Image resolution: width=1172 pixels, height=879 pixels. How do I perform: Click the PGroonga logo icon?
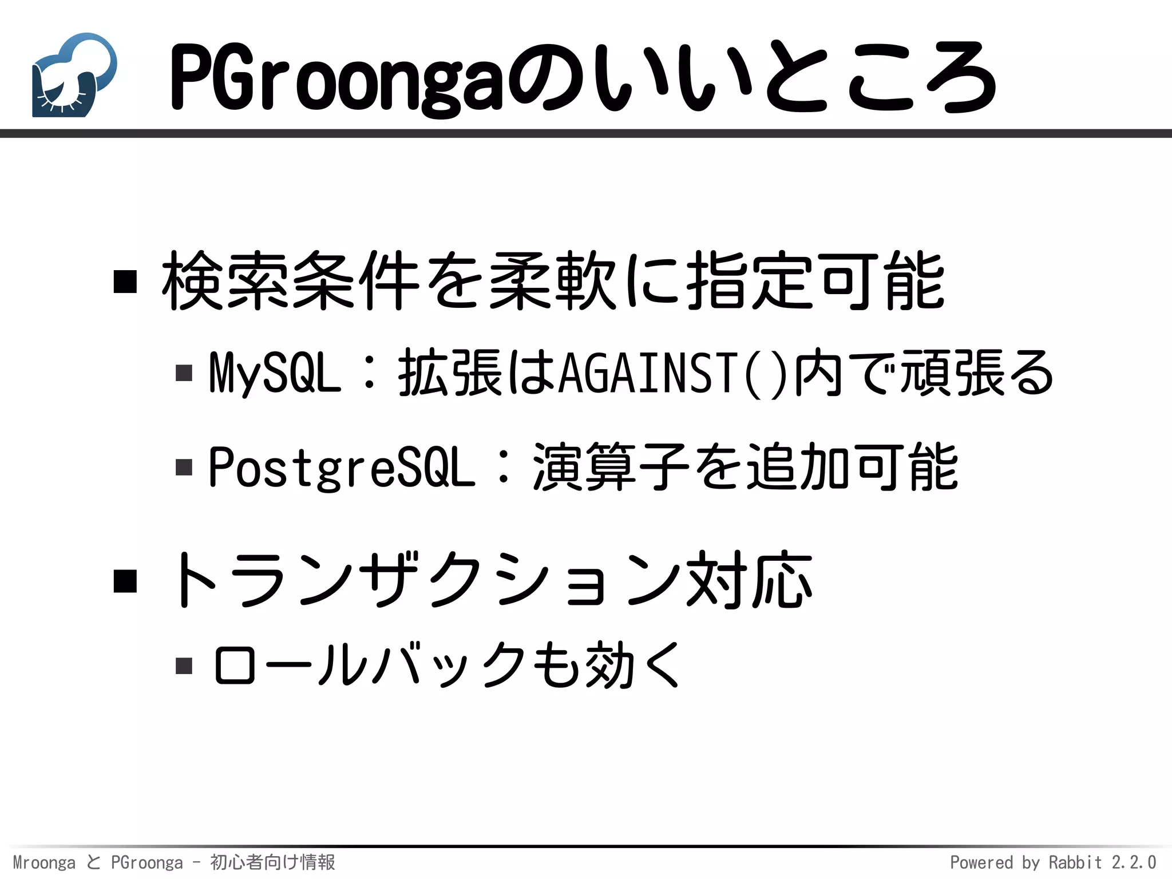(74, 75)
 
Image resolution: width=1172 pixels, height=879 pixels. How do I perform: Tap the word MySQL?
(275, 373)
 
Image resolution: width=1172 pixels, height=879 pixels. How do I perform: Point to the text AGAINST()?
(673, 373)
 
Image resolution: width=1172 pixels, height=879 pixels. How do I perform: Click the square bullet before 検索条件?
(125, 282)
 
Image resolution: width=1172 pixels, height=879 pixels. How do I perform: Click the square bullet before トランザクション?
(125, 581)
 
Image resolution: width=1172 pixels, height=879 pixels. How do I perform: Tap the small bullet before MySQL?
(184, 373)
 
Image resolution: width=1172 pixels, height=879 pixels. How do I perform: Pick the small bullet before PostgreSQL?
(184, 468)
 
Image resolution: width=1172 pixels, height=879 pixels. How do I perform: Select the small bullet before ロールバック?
(184, 666)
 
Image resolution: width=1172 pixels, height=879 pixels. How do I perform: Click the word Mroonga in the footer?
(44, 862)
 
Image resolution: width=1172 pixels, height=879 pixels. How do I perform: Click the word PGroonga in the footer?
(147, 862)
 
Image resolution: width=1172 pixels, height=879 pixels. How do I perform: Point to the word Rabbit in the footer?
(1075, 862)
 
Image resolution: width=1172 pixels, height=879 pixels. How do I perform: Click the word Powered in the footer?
(981, 862)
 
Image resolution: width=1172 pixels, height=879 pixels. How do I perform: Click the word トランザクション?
(423, 581)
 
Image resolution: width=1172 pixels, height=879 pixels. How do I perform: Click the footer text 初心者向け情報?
(272, 862)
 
